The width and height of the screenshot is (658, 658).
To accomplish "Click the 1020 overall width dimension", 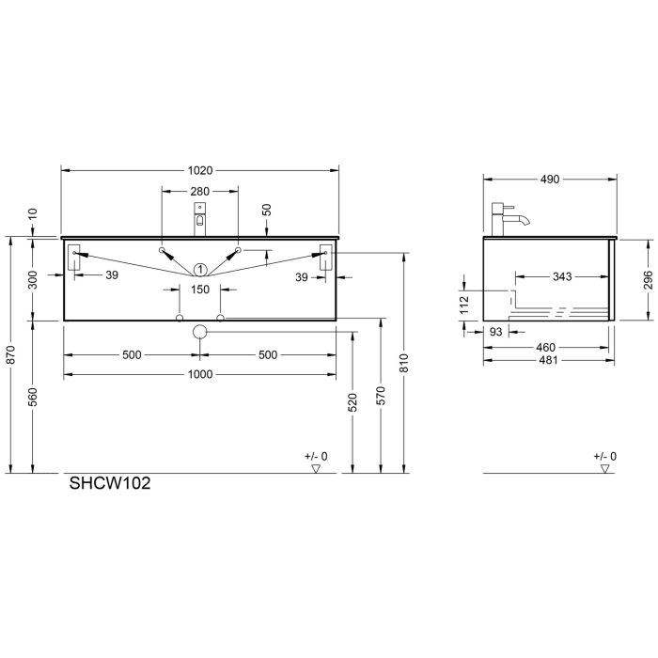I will coord(200,171).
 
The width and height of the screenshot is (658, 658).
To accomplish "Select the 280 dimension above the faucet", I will coord(199,192).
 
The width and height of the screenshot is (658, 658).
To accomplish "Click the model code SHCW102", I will coord(110,486).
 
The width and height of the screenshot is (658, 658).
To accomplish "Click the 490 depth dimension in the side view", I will coord(550,180).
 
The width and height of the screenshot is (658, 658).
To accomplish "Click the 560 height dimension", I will coord(33,397).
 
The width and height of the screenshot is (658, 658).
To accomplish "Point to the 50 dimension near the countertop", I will coord(267,211).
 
